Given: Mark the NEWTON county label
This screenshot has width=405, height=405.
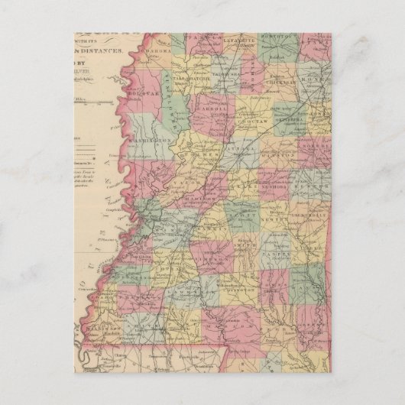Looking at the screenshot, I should (x=283, y=216).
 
